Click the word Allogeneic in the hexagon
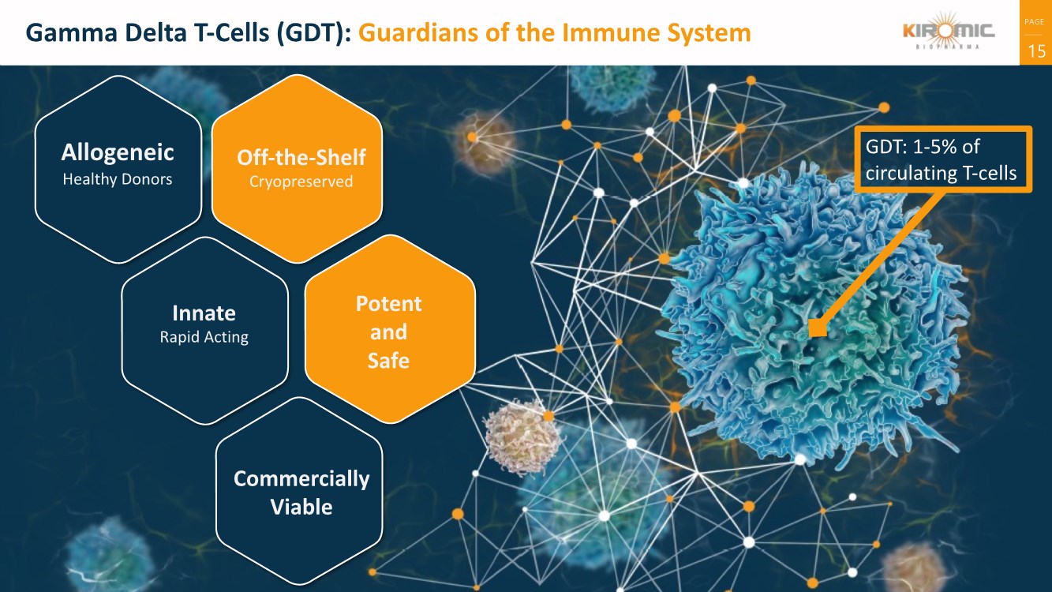[x=118, y=152]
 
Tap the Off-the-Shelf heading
[x=301, y=157]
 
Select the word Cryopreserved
[x=301, y=182]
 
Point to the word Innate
[x=204, y=313]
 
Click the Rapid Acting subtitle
[x=204, y=337]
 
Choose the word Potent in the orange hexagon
[x=388, y=304]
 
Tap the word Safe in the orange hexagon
[x=388, y=361]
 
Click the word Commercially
[x=301, y=479]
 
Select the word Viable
[x=301, y=506]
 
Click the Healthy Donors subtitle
[x=118, y=179]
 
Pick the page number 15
[x=1035, y=52]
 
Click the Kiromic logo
[x=949, y=33]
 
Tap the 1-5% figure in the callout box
[x=936, y=148]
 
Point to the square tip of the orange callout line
[x=818, y=328]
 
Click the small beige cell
[x=522, y=437]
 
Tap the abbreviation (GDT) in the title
[x=314, y=33]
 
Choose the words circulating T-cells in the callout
[x=941, y=173]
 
